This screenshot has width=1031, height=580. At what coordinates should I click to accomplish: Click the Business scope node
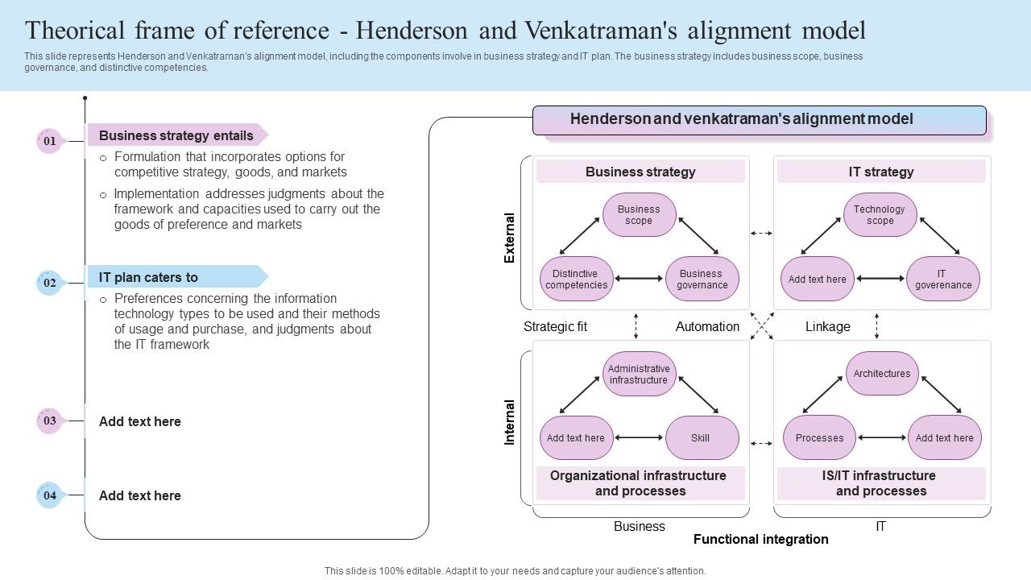639,215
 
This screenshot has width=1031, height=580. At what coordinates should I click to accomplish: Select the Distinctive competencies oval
576,279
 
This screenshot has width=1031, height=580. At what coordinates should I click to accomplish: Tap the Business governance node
702,279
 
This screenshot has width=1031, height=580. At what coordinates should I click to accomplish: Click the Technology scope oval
880,215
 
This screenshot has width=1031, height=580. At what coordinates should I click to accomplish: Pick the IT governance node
943,279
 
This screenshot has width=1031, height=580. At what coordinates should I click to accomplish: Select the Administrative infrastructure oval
639,374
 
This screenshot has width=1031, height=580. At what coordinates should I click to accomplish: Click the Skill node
701,438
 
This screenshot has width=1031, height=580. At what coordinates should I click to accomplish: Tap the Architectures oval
882,374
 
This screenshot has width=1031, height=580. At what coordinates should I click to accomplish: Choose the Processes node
819,438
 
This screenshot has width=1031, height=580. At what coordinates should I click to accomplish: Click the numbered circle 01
49,141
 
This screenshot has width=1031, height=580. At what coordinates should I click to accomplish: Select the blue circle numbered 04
49,495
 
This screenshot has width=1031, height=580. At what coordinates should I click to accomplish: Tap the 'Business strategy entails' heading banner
176,135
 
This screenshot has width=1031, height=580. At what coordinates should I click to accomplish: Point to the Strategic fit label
555,326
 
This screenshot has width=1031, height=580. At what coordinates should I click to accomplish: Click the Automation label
707,326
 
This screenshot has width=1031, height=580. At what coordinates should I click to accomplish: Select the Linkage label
827,326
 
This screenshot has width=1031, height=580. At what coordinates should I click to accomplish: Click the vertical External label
509,238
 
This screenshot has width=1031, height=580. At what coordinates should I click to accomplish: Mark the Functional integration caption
760,539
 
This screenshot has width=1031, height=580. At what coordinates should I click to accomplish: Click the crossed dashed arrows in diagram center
762,326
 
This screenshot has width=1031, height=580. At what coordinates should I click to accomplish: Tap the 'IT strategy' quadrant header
881,172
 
